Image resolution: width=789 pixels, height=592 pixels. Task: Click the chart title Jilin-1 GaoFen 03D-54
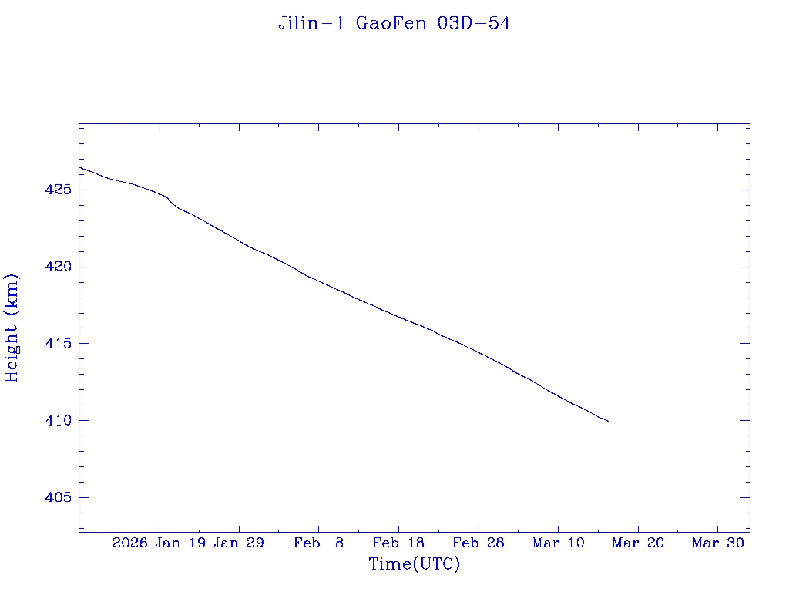point(394,24)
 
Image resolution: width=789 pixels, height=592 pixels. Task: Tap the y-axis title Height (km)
point(12,328)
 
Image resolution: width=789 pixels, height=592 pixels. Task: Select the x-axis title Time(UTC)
point(415,564)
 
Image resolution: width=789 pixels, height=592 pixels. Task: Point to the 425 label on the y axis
point(59,190)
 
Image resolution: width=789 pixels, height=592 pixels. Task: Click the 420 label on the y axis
point(59,267)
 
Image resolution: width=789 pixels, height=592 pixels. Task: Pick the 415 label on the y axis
point(59,344)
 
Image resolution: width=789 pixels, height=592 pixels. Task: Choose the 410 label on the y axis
point(59,421)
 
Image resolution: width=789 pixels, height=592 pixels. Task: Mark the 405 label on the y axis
point(59,498)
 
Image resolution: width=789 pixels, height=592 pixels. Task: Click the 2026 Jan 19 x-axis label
point(159,543)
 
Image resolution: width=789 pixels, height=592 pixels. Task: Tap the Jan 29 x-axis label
point(239,543)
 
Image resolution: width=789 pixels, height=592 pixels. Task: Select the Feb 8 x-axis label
point(319,543)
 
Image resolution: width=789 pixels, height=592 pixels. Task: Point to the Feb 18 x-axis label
point(398,543)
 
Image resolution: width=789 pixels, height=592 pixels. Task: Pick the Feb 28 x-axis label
point(478,543)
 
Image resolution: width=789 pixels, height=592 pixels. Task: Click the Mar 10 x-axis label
point(559,543)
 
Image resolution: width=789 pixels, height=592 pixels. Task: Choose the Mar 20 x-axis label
point(638,543)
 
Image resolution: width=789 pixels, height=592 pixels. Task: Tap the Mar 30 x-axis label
point(718,543)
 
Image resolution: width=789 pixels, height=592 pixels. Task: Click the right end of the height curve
point(608,421)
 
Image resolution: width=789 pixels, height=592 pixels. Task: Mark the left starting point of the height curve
point(79,166)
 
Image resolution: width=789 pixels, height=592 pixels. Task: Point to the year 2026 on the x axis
point(129,543)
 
